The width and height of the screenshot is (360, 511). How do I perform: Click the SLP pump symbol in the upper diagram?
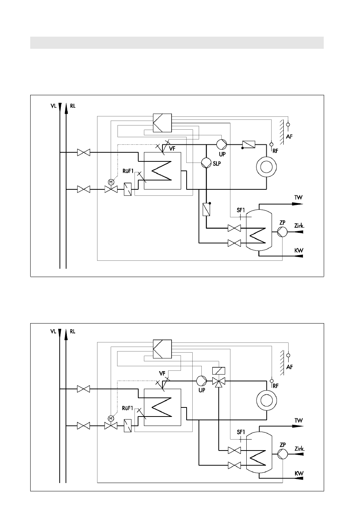click(x=206, y=163)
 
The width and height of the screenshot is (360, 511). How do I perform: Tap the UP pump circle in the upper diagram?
click(x=221, y=144)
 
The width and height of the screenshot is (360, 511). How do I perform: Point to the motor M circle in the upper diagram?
click(x=111, y=182)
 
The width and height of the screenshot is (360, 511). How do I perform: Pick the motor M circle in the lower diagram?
click(x=111, y=418)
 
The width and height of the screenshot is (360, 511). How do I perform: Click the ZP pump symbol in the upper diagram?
click(x=282, y=232)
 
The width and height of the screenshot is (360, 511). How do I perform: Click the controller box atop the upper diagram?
click(x=162, y=123)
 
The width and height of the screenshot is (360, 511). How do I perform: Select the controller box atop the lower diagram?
click(x=162, y=349)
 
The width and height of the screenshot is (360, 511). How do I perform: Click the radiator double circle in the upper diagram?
click(x=267, y=167)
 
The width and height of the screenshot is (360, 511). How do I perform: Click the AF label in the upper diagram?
click(x=289, y=136)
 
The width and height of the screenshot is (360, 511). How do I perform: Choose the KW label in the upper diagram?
click(x=299, y=250)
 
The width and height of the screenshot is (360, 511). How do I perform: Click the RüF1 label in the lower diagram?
click(x=127, y=408)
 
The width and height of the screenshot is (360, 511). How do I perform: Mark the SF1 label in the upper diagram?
click(x=241, y=210)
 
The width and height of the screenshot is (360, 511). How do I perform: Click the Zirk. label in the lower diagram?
click(x=299, y=449)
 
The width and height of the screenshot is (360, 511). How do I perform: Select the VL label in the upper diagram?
click(x=53, y=106)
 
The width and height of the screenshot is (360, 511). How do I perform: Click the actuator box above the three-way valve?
click(x=219, y=371)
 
